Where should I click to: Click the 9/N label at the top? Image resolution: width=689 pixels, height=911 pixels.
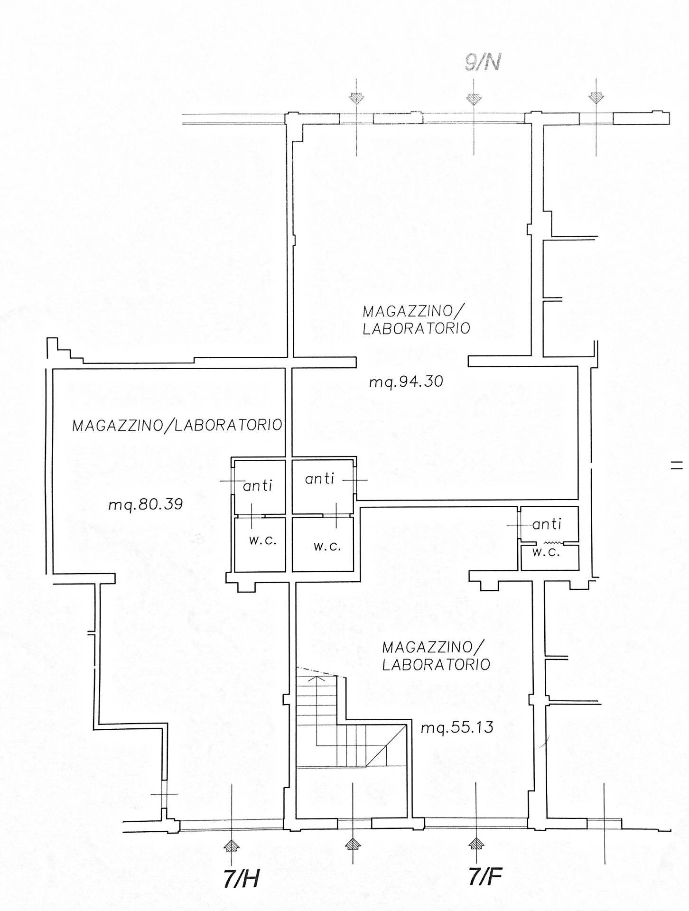482,64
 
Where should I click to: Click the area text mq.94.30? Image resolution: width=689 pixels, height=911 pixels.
406,381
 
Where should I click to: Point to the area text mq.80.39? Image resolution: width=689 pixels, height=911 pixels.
146,504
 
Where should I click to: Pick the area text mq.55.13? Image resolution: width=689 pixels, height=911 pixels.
457,727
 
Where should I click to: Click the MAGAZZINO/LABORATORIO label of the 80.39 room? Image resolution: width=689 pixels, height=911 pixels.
177,425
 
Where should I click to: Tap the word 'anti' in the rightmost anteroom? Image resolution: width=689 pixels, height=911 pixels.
547,524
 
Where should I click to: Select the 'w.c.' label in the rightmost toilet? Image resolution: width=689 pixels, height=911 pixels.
546,552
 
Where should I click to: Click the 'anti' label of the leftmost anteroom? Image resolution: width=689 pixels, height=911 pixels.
258,485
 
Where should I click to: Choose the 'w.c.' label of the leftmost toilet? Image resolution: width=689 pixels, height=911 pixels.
263,540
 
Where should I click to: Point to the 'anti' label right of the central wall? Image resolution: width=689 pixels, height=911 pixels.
320,479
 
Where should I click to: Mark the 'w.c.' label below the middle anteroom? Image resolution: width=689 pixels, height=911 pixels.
327,546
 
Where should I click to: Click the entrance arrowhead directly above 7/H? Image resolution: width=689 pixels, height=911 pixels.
232,845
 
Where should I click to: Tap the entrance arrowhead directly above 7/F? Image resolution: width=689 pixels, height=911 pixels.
475,843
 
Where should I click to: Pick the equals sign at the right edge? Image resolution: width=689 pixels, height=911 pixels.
677,465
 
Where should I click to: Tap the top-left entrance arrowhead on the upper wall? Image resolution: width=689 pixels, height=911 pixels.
356,99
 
